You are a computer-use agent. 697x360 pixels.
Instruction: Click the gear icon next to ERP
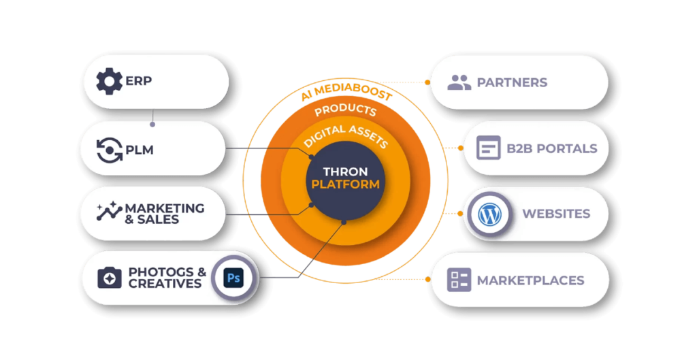(x=109, y=82)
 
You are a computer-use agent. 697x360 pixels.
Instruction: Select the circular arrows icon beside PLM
(x=109, y=149)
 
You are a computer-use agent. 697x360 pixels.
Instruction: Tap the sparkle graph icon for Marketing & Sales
(x=109, y=213)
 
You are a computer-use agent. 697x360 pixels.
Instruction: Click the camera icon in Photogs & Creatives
(x=109, y=278)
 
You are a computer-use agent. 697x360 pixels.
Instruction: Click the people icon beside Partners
(x=459, y=83)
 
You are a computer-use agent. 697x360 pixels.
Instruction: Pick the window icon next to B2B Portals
(x=488, y=148)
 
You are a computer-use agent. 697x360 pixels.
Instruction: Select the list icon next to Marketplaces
(x=459, y=280)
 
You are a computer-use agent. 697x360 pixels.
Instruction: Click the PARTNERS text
(x=512, y=83)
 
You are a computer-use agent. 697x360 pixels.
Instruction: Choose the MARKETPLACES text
(x=530, y=280)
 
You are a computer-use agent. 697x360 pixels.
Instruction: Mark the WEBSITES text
(x=556, y=214)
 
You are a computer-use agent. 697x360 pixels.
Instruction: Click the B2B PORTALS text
(x=551, y=149)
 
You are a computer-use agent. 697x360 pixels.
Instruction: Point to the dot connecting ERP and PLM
(x=152, y=125)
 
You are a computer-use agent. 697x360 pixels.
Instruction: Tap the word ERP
(x=139, y=82)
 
